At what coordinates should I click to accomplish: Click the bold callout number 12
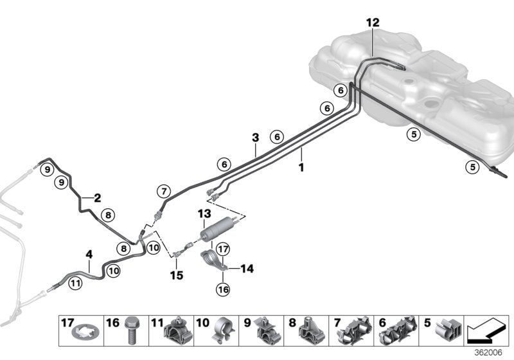click(x=373, y=22)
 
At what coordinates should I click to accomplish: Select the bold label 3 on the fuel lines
click(x=255, y=138)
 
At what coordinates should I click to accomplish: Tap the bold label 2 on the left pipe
click(x=97, y=199)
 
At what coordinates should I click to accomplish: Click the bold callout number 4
click(x=89, y=255)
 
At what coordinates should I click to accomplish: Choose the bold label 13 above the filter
click(x=204, y=213)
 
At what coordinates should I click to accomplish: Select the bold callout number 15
click(x=176, y=275)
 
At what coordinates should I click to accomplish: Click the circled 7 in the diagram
click(x=163, y=191)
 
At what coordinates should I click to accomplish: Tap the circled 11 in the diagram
click(x=75, y=282)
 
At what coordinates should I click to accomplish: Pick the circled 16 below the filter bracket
click(x=222, y=289)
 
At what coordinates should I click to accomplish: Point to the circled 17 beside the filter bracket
click(x=222, y=249)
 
